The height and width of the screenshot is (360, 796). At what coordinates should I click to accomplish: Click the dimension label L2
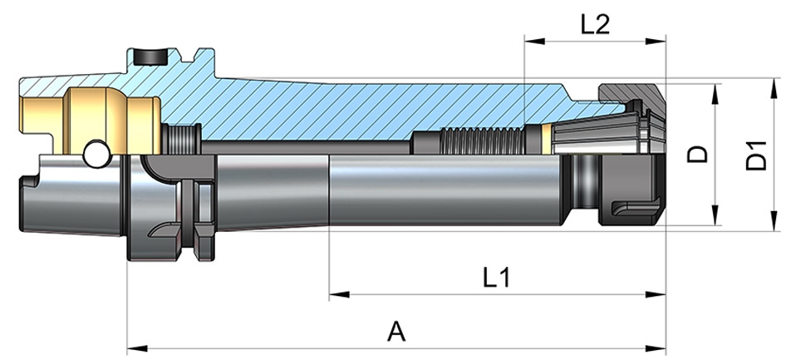click(x=596, y=24)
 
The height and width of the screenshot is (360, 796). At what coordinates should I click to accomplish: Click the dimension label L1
click(x=496, y=277)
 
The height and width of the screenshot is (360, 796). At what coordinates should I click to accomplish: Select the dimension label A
click(x=396, y=332)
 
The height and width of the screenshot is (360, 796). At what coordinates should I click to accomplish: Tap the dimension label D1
click(x=756, y=156)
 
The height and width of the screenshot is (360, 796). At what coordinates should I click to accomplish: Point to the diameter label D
click(x=700, y=155)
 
